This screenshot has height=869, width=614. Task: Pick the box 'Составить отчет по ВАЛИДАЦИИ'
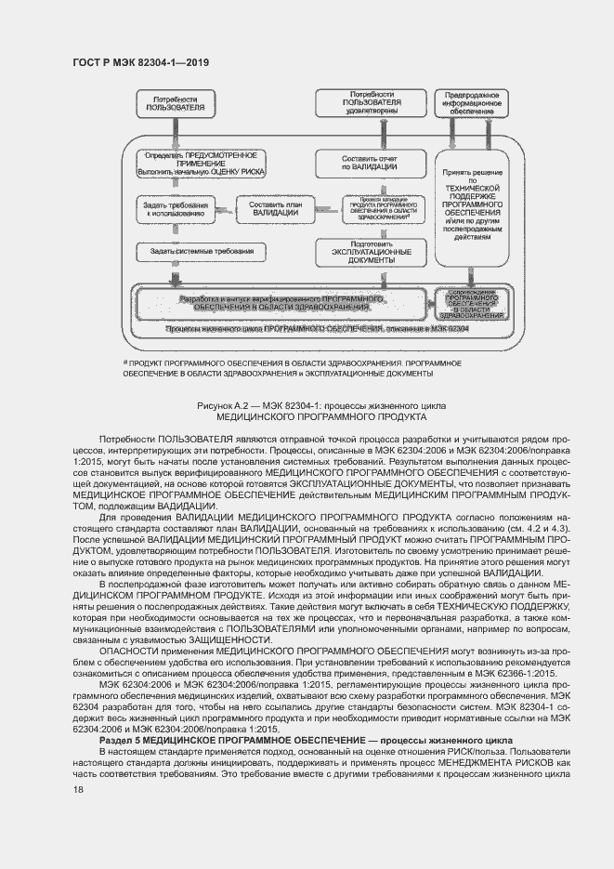click(x=367, y=162)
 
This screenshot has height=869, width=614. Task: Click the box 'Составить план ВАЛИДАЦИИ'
click(x=268, y=208)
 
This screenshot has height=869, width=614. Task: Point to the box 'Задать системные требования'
click(x=194, y=252)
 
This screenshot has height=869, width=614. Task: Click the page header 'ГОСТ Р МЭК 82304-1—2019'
click(x=140, y=62)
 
